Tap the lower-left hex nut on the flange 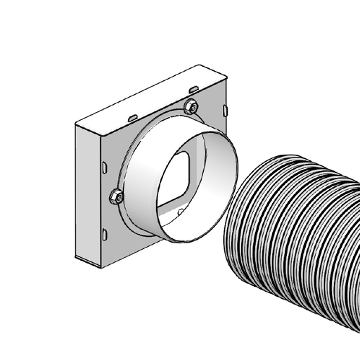[x=116, y=196]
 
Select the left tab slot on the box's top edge [x=132, y=115]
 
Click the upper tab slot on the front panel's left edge [x=104, y=168]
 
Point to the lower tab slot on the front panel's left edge [x=104, y=234]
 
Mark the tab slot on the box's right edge [x=225, y=110]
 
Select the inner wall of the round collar [x=211, y=169]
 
